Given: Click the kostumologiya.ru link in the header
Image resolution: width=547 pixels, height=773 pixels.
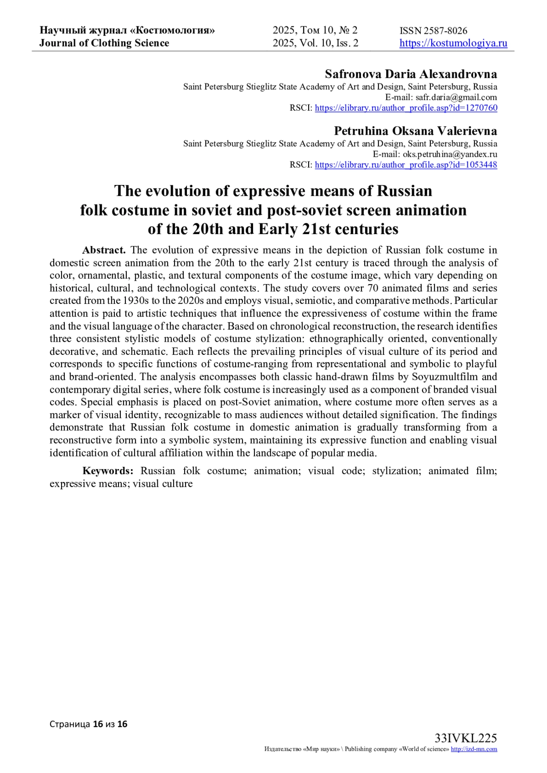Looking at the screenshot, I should point(453,43).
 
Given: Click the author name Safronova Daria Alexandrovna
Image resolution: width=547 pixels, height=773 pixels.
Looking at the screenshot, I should point(411,74).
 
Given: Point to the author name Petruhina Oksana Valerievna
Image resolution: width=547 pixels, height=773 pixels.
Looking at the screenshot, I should point(415,131).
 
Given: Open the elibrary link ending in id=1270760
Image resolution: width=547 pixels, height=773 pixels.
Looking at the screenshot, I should point(406,108).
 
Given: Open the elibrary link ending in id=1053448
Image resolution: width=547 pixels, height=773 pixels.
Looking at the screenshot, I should point(406,165).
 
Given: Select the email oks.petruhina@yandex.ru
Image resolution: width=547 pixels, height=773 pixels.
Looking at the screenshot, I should point(449,154).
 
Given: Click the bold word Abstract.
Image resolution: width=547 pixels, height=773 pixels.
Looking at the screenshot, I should point(103,250).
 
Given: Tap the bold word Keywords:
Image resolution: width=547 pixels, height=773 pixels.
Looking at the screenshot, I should point(108,471).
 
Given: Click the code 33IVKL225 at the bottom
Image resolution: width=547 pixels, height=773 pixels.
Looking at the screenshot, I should point(465,738).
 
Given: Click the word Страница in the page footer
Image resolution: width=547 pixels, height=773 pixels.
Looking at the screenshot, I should point(70,724).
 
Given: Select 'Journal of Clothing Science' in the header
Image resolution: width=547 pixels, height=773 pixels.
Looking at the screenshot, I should point(104,43).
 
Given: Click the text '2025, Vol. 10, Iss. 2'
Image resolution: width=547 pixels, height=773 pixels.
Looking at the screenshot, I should point(315,43).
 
